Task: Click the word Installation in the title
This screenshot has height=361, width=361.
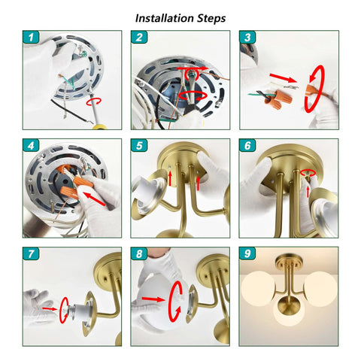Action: tap(165, 18)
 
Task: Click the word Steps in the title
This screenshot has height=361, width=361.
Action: tap(211, 19)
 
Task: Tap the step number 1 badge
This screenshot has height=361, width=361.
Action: tap(31, 38)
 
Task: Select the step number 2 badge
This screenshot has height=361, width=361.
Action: tap(139, 38)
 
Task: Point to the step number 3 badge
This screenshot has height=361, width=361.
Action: tap(247, 38)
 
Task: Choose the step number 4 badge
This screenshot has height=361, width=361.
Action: tap(31, 146)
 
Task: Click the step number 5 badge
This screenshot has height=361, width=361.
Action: tap(139, 146)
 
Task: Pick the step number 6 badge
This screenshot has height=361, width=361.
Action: tap(247, 146)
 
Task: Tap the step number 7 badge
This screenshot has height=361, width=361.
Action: tap(31, 253)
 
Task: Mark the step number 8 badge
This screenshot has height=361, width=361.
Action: tap(139, 253)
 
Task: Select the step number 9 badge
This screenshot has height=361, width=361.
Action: tap(247, 253)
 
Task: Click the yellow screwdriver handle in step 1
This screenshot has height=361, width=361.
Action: tap(99, 127)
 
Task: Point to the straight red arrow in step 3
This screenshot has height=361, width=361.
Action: tap(283, 78)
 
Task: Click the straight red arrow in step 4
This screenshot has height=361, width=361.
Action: tap(94, 199)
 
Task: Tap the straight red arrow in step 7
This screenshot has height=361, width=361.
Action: tap(50, 309)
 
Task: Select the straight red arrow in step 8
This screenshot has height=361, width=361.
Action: tap(153, 299)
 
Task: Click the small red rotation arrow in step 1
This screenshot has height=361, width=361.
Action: tap(94, 102)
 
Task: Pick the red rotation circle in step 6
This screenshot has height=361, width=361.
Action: tap(308, 172)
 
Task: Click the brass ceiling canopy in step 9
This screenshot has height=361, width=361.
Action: tap(289, 261)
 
